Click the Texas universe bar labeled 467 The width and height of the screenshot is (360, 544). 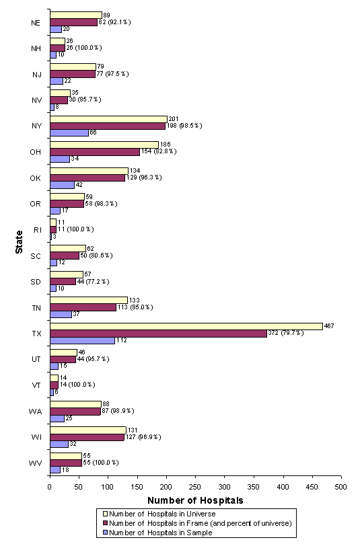(x=182, y=326)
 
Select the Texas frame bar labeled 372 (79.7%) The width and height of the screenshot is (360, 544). (x=158, y=333)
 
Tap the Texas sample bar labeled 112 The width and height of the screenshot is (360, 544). (x=82, y=340)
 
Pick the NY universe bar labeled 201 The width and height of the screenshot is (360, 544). (x=108, y=119)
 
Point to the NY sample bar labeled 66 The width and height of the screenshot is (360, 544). (x=69, y=132)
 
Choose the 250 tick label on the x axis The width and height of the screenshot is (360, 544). (x=195, y=485)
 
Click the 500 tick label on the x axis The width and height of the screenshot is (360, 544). (x=341, y=485)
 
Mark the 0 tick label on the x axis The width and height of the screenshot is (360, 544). (x=50, y=485)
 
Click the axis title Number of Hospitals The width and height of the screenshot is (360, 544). (x=195, y=500)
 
